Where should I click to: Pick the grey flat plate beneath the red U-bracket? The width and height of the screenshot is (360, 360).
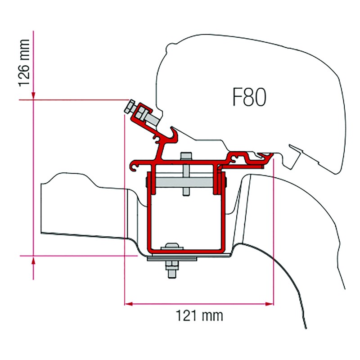coord(173,258)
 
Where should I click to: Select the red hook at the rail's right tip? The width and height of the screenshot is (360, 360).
coord(270,156)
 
